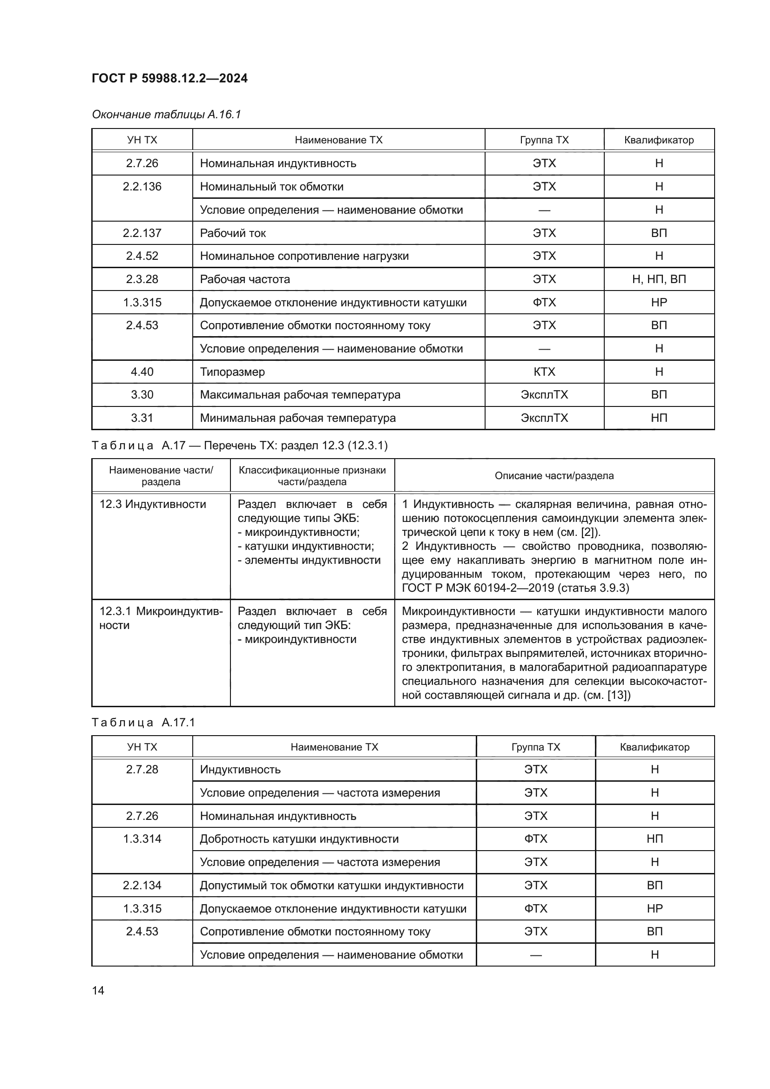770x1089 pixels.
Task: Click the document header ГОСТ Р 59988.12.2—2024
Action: pos(169,78)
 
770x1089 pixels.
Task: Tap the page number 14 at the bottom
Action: pos(98,990)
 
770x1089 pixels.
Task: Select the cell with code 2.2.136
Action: pos(142,187)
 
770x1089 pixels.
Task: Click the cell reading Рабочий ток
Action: pos(233,233)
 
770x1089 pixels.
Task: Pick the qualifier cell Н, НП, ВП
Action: pos(659,279)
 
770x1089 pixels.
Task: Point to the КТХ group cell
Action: pos(544,372)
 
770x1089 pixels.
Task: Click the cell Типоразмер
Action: pos(232,372)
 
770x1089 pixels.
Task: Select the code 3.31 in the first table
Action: pos(142,418)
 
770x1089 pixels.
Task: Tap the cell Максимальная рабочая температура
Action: pos(300,395)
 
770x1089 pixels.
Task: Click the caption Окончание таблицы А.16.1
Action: pos(166,115)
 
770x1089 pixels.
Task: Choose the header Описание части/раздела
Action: pos(554,476)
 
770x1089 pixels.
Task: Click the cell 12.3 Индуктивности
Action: pos(153,504)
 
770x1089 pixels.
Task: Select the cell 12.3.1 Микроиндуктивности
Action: pos(160,618)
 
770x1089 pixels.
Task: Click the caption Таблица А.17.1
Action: pos(143,723)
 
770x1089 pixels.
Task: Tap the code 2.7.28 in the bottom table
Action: pos(142,769)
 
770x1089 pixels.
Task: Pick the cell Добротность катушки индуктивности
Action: pos(299,839)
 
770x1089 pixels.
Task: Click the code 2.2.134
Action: pos(142,886)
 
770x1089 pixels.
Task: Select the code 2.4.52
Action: pos(142,256)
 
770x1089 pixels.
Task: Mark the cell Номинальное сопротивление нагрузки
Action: pos(304,256)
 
